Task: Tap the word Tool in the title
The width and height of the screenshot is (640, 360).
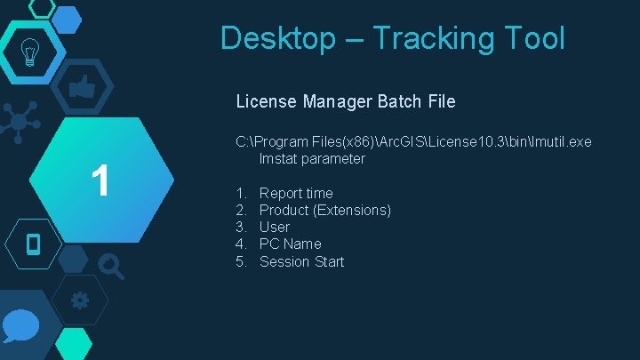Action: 532,38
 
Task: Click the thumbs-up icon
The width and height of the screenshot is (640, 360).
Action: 82,87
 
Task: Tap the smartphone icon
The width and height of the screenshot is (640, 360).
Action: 34,243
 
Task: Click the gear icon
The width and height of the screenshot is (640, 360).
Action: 79,300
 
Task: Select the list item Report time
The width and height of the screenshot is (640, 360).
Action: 296,193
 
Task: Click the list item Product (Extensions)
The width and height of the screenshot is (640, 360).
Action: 324,210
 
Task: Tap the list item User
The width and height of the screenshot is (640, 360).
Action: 274,227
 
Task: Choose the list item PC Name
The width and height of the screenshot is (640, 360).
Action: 290,244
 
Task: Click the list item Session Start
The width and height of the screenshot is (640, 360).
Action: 301,261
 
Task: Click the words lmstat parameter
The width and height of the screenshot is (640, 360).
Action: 312,159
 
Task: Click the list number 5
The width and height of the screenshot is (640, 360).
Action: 241,261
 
